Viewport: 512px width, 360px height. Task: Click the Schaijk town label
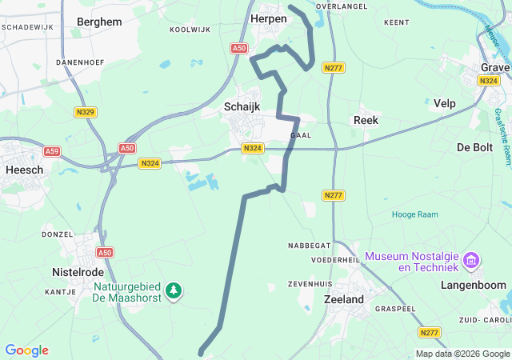click(x=242, y=106)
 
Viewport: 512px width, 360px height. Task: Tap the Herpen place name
click(x=269, y=18)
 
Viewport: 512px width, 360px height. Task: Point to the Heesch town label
click(x=24, y=169)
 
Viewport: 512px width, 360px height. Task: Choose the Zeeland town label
click(x=345, y=299)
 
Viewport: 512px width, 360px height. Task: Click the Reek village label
click(x=366, y=120)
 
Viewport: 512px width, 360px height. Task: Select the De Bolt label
click(x=474, y=147)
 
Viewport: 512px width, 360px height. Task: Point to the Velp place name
click(x=445, y=103)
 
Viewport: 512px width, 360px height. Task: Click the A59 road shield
click(x=52, y=151)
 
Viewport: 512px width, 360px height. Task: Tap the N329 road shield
click(x=87, y=113)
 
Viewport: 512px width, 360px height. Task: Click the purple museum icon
click(x=472, y=261)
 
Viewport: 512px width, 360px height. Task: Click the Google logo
click(x=26, y=350)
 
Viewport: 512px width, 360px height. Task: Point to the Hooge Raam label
click(x=414, y=214)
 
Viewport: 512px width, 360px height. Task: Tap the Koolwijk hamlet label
click(x=190, y=30)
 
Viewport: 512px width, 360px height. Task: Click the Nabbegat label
click(x=310, y=246)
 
